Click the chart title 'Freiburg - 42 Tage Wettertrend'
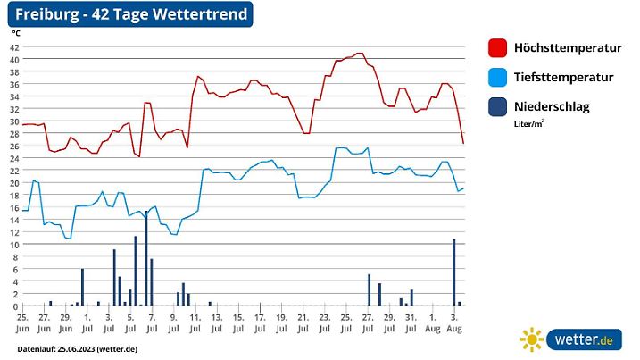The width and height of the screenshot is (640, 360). click(125, 14)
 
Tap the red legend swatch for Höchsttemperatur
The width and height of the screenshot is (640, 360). click(498, 48)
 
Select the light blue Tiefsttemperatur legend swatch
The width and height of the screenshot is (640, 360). click(498, 78)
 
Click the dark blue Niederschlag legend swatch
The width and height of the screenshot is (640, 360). click(498, 107)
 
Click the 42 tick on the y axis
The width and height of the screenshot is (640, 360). click(14, 47)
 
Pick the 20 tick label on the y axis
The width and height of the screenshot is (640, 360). click(14, 183)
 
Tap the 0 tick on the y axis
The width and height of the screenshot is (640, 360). click(15, 306)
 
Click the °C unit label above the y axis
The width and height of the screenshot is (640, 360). click(16, 33)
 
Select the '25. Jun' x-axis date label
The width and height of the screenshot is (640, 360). click(22, 322)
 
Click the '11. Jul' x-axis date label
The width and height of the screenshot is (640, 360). click(195, 322)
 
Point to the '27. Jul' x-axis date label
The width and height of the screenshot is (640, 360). click(368, 322)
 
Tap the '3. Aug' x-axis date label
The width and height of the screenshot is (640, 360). click(453, 322)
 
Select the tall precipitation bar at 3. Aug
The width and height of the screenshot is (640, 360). click(453, 272)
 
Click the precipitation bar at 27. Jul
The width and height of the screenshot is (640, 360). click(369, 289)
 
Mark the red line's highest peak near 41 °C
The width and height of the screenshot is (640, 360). click(360, 54)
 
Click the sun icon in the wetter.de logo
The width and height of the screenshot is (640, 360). click(532, 339)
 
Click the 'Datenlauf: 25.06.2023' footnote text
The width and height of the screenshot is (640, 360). click(77, 348)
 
